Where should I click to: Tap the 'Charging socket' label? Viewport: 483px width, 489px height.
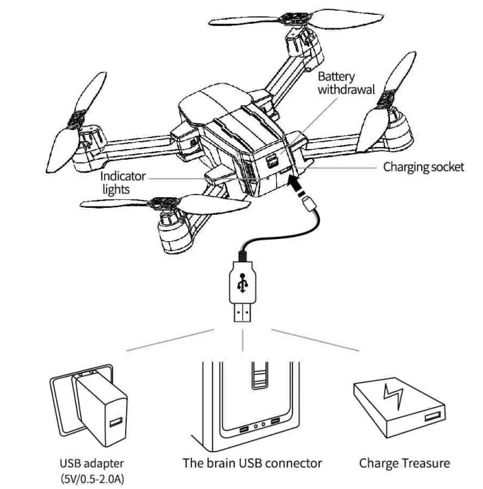click(x=424, y=167)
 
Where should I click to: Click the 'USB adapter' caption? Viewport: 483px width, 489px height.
click(x=92, y=464)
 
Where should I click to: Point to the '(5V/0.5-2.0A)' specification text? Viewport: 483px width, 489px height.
click(x=92, y=479)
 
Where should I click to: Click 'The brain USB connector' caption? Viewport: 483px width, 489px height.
click(x=252, y=464)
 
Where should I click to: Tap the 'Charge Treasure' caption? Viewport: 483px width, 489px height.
click(x=404, y=464)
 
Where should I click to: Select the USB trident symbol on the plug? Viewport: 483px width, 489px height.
click(x=242, y=284)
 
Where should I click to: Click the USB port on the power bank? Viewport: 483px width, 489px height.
click(x=431, y=414)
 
